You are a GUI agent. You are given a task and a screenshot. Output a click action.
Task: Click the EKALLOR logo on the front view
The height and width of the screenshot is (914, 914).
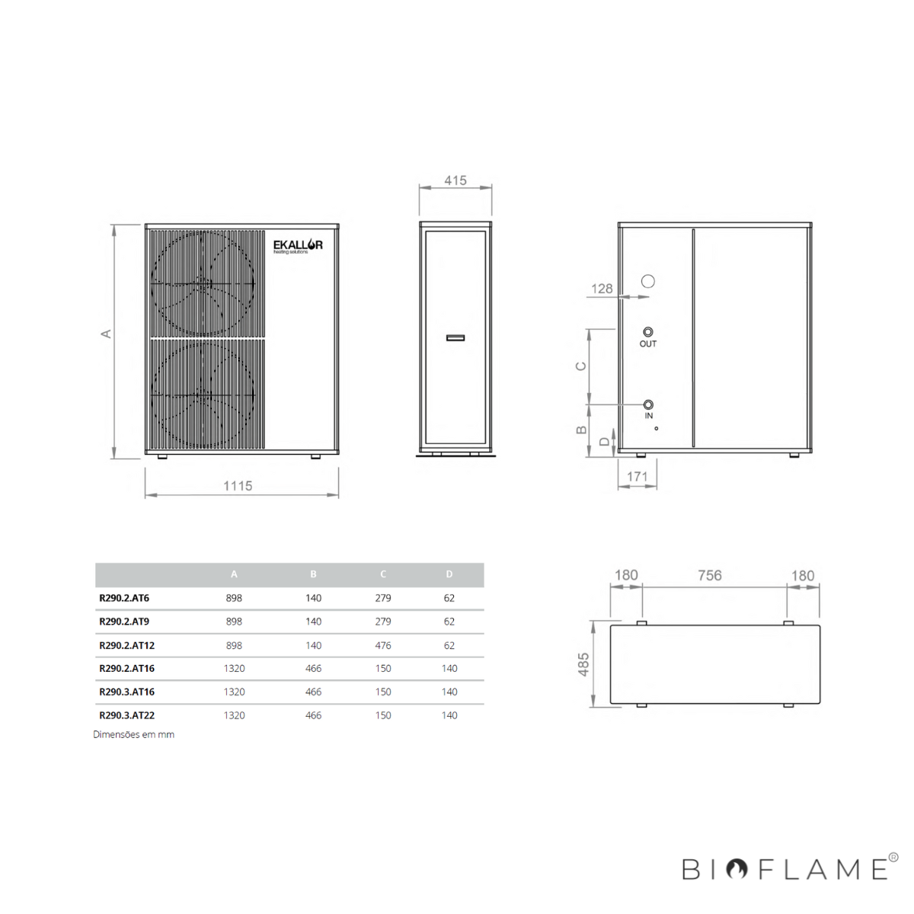[298, 247]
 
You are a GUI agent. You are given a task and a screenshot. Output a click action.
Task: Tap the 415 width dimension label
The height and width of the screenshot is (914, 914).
[455, 181]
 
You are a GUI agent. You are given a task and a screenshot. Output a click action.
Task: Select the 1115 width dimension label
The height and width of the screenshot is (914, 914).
[238, 486]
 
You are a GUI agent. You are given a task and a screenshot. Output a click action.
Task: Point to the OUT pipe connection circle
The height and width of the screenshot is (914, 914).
[648, 331]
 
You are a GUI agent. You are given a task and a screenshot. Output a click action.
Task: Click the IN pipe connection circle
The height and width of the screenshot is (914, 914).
[648, 404]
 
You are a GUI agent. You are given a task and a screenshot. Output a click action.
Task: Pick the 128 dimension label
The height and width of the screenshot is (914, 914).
[602, 289]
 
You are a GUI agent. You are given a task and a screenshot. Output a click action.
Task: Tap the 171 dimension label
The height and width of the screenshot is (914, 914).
[637, 476]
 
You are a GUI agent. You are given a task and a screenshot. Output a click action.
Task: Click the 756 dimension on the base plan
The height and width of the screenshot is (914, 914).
[710, 575]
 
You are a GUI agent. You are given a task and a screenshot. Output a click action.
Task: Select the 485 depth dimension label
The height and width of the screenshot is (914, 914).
[583, 664]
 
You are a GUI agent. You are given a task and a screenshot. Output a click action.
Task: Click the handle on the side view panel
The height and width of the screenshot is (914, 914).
[455, 337]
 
